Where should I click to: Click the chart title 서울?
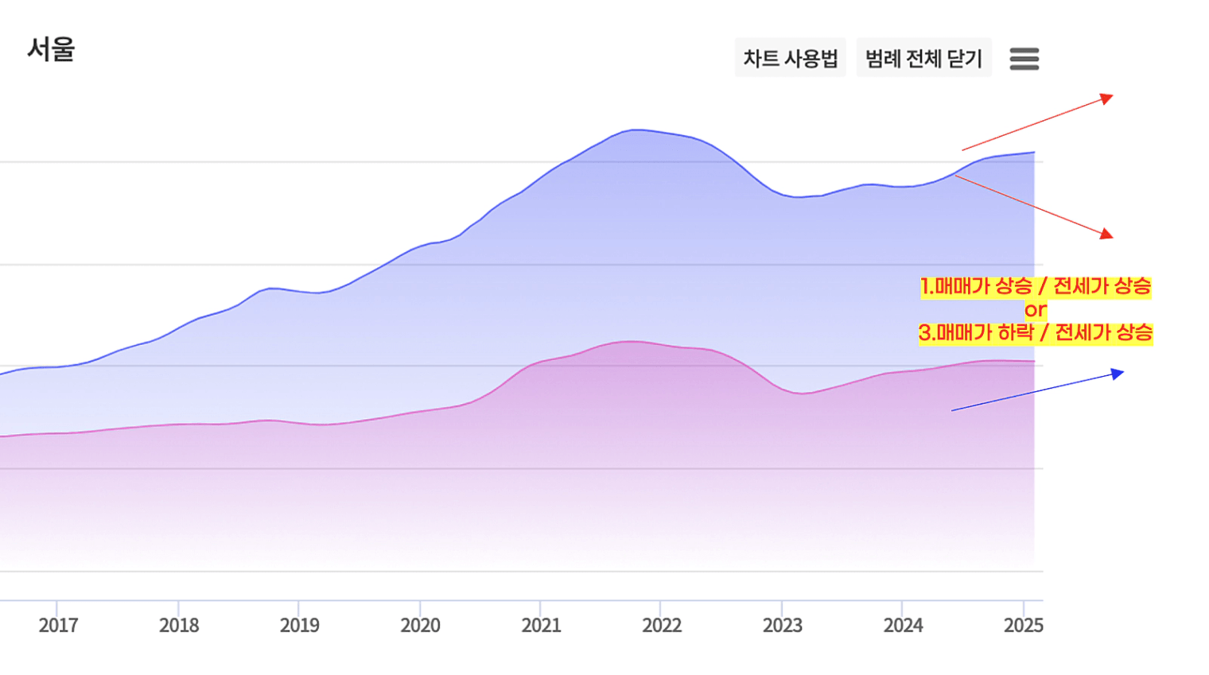tap(51, 49)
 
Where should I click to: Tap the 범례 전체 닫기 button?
tap(923, 58)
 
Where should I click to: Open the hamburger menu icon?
tap(1024, 59)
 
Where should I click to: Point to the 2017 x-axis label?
tap(58, 625)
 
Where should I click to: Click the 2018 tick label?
tap(179, 625)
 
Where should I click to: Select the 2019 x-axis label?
tap(300, 625)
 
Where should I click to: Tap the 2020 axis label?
tap(420, 625)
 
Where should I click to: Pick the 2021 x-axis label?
tap(541, 625)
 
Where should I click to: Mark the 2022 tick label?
tap(662, 625)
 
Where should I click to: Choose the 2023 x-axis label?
tap(783, 625)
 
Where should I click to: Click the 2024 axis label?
tap(903, 625)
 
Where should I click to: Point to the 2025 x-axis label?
tap(1023, 625)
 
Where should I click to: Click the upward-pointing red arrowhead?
tap(1106, 99)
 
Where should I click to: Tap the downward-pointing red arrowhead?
tap(1106, 234)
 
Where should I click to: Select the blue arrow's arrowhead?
tap(1118, 374)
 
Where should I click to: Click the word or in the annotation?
tap(1035, 309)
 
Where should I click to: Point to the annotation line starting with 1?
tap(1035, 286)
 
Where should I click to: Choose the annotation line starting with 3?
tap(1035, 332)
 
